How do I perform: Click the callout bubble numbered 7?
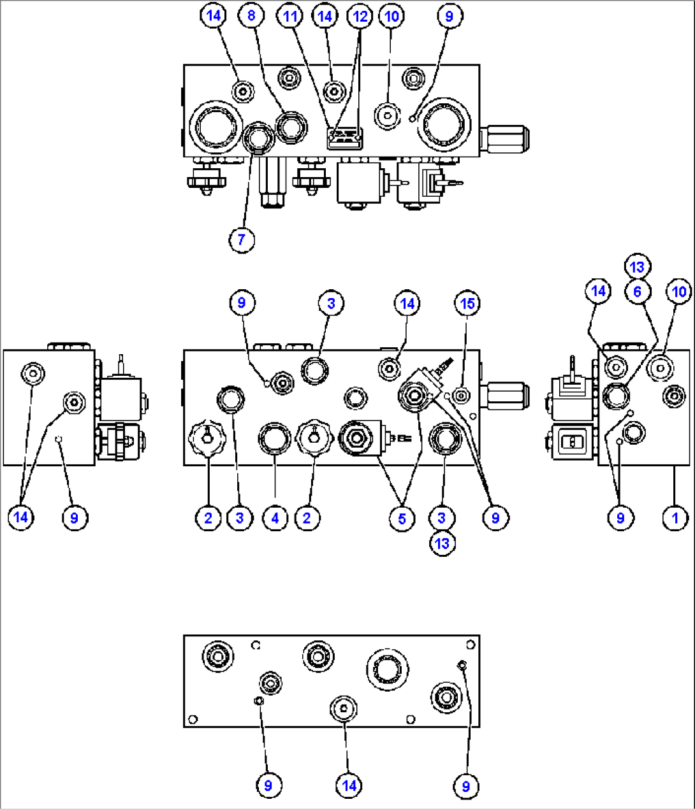241,240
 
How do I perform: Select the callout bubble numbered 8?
251,15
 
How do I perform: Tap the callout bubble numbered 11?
290,15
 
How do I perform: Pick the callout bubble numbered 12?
360,15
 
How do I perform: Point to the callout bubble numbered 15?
467,303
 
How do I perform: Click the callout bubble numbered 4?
275,518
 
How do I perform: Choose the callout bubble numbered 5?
402,518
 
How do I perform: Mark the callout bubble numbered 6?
637,291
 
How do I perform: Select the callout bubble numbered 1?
676,518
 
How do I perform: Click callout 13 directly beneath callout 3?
442,543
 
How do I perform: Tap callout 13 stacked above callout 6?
637,267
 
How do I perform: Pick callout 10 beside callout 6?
679,291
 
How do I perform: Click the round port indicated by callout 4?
275,438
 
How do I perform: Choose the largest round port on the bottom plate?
387,669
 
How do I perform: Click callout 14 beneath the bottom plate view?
349,785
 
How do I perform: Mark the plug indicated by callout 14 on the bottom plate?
344,709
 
